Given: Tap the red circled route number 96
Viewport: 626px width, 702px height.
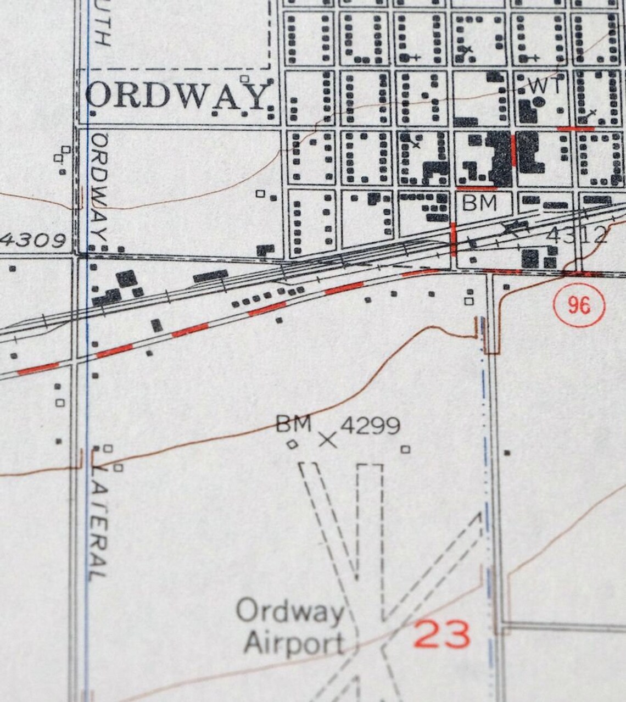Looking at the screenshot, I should point(579,304).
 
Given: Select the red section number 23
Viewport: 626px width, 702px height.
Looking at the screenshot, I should point(442,634).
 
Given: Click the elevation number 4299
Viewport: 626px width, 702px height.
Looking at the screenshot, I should point(370,425).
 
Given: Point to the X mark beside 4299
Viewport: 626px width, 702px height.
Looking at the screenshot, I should point(328,439).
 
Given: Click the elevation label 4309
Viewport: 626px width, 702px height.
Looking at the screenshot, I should point(33,240).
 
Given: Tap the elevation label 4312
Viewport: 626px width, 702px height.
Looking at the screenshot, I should point(577,235).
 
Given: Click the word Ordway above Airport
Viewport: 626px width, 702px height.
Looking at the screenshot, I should point(290,611).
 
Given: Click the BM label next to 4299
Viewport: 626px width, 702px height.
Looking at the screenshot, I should point(293,424).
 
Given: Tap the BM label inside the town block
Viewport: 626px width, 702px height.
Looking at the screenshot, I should point(479,203).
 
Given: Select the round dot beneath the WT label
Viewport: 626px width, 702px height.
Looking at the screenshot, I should point(539,102).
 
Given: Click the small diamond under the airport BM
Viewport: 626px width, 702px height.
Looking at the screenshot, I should point(293,444).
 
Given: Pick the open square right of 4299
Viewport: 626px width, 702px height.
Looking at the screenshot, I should point(405,449).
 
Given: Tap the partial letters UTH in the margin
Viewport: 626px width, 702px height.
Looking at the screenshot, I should point(102,25).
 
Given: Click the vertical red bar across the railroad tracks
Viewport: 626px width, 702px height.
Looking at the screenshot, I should point(453,239).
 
